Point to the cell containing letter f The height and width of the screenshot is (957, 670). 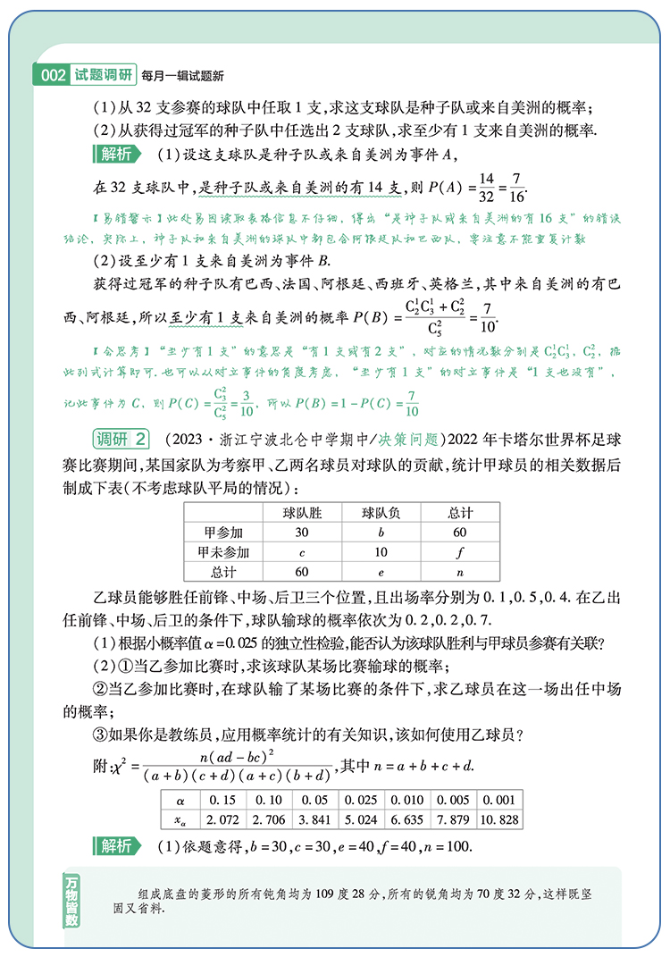pos(459,552)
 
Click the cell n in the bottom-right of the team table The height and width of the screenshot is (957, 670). pos(459,572)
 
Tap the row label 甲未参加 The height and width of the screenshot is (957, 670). pos(223,552)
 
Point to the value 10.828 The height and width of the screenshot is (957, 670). pos(499,819)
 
